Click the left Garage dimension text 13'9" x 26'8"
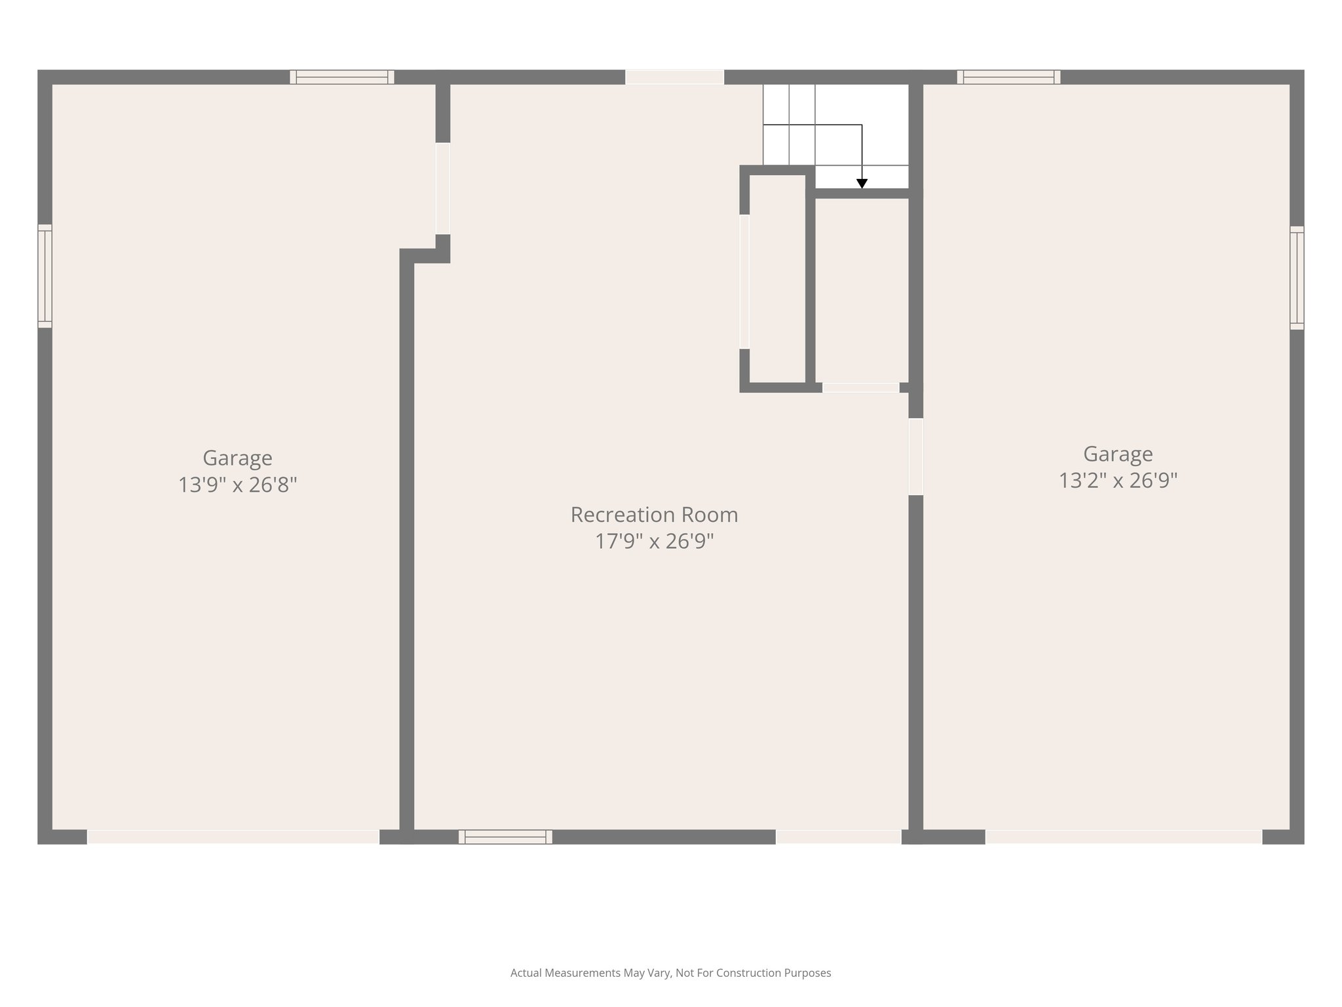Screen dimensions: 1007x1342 click(x=237, y=485)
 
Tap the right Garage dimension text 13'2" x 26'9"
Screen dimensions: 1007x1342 click(x=1118, y=481)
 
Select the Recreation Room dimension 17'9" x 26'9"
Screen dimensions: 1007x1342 click(x=654, y=542)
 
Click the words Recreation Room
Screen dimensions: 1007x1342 click(x=654, y=515)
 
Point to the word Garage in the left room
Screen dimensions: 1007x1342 click(x=237, y=458)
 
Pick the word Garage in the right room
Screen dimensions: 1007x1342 click(x=1118, y=454)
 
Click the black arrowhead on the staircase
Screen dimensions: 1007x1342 click(x=862, y=184)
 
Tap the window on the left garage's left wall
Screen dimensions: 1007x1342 click(x=45, y=276)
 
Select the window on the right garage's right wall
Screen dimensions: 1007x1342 click(x=1297, y=278)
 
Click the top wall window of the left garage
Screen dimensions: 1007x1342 click(x=342, y=77)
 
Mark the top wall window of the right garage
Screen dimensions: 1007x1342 click(x=1008, y=77)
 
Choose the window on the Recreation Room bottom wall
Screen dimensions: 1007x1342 click(x=505, y=837)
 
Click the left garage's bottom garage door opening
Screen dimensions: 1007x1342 click(x=233, y=837)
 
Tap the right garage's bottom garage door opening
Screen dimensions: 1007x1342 click(x=1123, y=837)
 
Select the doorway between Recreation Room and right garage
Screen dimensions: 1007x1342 click(x=915, y=457)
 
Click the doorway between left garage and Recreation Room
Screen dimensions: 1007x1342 click(x=443, y=189)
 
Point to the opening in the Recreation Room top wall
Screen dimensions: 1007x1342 click(x=674, y=77)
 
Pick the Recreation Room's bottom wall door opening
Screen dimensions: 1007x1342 click(x=839, y=837)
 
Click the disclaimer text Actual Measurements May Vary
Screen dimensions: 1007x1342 click(x=670, y=973)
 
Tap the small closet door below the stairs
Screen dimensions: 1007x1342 click(x=860, y=388)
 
